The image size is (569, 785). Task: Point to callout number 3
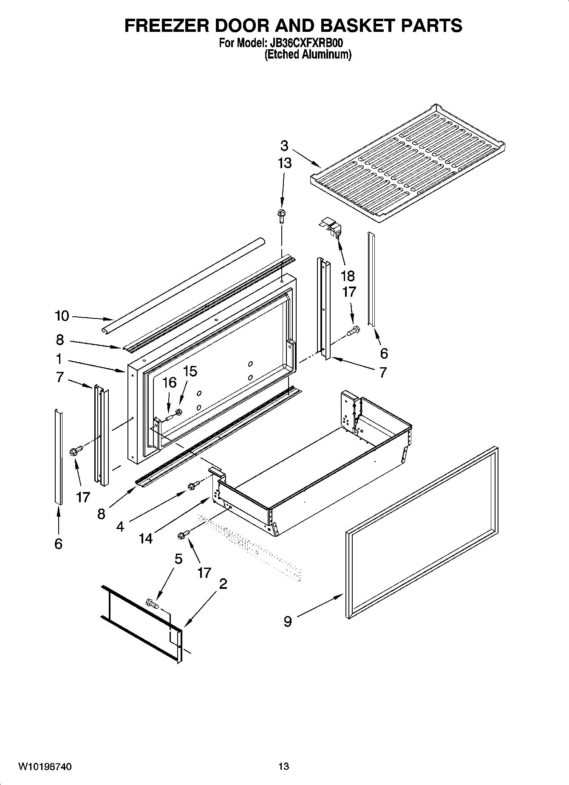click(284, 146)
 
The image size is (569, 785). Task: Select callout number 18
click(348, 276)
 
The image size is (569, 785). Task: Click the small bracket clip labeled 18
click(331, 227)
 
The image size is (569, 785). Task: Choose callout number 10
click(62, 316)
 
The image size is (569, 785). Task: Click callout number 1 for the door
click(59, 359)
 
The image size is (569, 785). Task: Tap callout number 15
click(190, 371)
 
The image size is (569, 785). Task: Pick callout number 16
click(169, 383)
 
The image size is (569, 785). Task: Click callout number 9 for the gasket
click(288, 622)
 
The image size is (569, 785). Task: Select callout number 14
click(145, 538)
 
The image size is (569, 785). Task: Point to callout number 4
click(120, 527)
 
